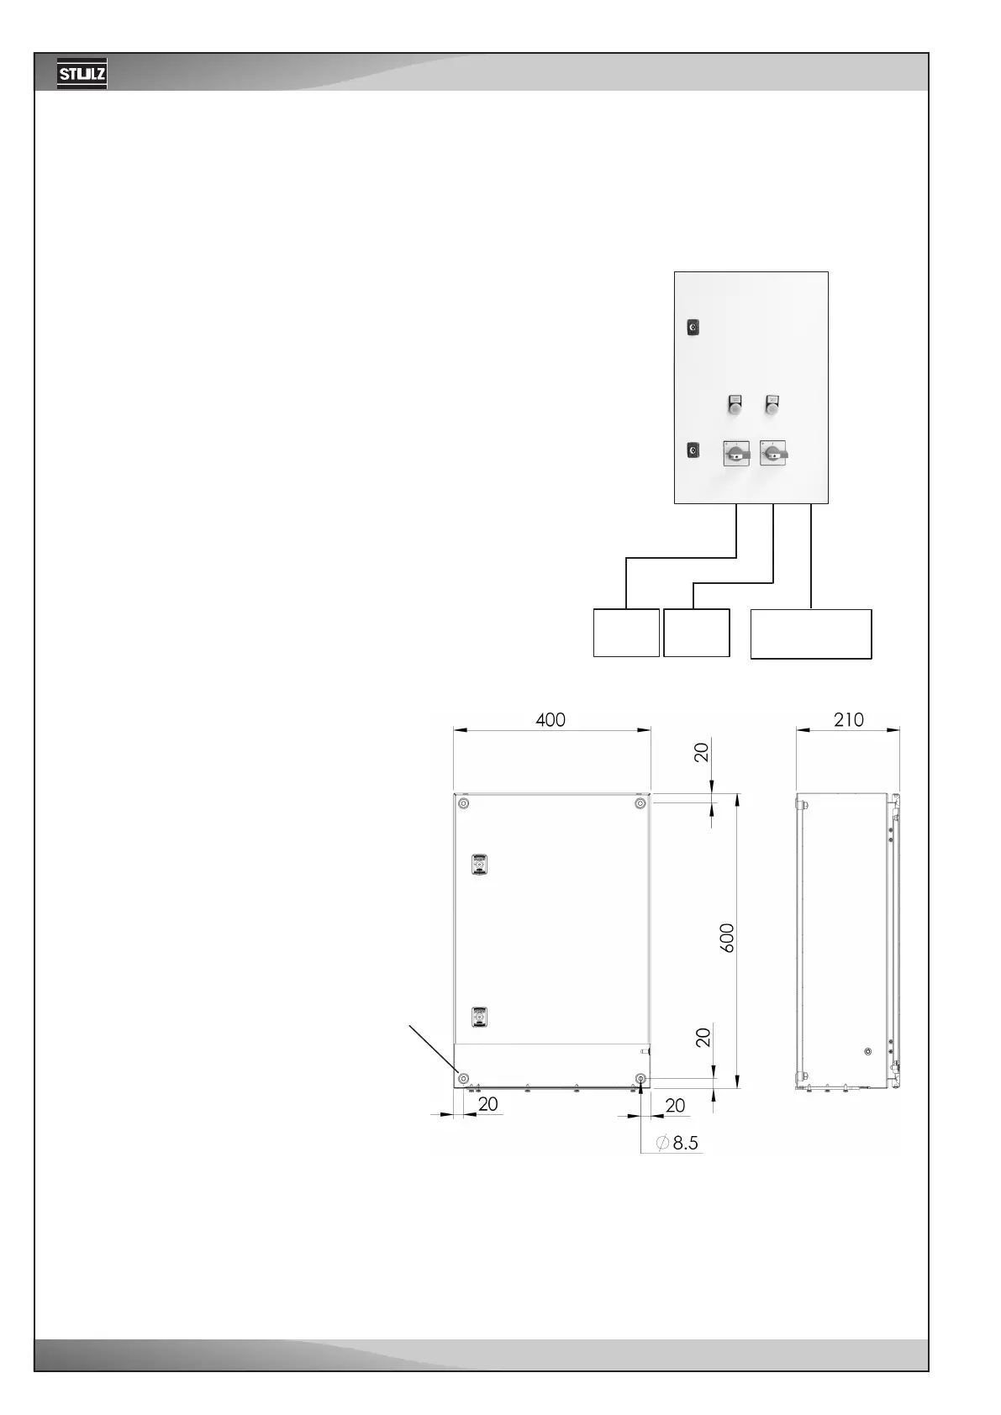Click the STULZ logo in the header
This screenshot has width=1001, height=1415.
[x=82, y=75]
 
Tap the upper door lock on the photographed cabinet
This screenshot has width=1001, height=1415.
[x=693, y=327]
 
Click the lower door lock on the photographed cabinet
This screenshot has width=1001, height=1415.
[x=693, y=451]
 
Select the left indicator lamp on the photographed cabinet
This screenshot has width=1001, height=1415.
[x=735, y=404]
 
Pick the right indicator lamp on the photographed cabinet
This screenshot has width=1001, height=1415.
[x=771, y=404]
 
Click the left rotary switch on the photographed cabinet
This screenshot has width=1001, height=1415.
[x=736, y=454]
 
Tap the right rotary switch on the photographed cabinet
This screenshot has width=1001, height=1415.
[x=772, y=454]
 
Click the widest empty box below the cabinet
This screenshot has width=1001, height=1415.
[x=810, y=634]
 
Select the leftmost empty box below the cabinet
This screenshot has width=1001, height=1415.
[x=626, y=632]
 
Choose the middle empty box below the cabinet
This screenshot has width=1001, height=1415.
[x=696, y=632]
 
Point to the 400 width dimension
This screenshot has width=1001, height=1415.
[x=551, y=720]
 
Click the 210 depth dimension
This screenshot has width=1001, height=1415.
[x=848, y=720]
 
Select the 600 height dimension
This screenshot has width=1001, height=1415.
[x=727, y=937]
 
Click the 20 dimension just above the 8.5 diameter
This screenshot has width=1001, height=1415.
[x=675, y=1106]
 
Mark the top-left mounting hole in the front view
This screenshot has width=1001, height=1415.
[x=464, y=804]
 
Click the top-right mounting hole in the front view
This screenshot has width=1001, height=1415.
[x=640, y=804]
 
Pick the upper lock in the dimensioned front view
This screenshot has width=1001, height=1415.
[x=479, y=865]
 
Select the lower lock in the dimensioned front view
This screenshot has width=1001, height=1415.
[x=479, y=1017]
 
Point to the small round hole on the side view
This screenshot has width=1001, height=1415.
[x=868, y=1051]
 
